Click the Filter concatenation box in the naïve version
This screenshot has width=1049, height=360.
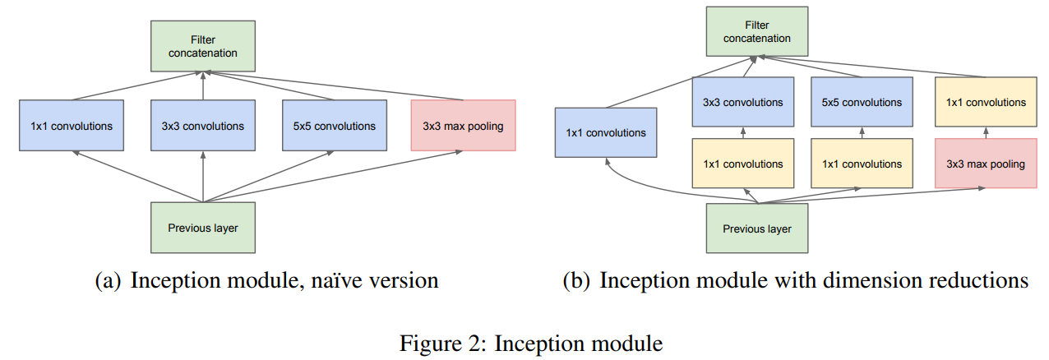click(202, 47)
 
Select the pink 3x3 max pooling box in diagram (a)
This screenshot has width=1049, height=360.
click(463, 126)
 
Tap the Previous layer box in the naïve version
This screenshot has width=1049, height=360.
click(202, 228)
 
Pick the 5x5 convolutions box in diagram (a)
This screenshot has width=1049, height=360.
click(333, 126)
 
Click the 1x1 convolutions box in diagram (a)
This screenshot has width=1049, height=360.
click(72, 126)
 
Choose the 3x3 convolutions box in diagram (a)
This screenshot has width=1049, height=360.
click(202, 126)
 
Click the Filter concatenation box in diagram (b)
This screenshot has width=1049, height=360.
click(756, 32)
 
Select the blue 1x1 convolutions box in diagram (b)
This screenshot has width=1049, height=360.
click(605, 132)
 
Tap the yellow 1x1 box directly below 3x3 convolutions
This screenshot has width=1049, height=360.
click(743, 164)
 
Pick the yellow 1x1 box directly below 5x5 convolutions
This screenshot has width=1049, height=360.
click(862, 164)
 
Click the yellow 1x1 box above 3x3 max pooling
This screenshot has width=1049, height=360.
click(985, 103)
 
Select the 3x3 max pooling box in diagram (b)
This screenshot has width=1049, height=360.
click(985, 164)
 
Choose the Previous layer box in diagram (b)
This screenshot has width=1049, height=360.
click(756, 228)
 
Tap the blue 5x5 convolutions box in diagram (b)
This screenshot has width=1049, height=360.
click(862, 103)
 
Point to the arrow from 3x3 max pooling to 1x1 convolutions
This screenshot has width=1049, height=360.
click(985, 133)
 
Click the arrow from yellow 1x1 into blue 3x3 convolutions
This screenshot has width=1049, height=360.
click(743, 133)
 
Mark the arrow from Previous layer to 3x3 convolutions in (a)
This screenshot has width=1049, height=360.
click(202, 177)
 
